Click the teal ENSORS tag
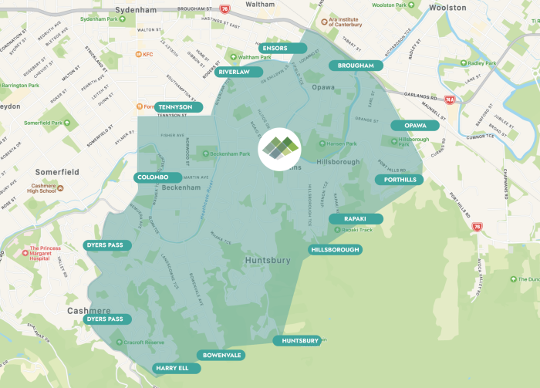pos(275,48)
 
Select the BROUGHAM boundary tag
pos(356,66)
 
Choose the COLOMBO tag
pos(158,177)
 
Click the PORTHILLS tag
pos(400,180)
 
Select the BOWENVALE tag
pos(223,355)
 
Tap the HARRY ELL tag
pos(176,368)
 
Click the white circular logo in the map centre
pos(280,148)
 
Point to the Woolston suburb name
pos(447,8)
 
